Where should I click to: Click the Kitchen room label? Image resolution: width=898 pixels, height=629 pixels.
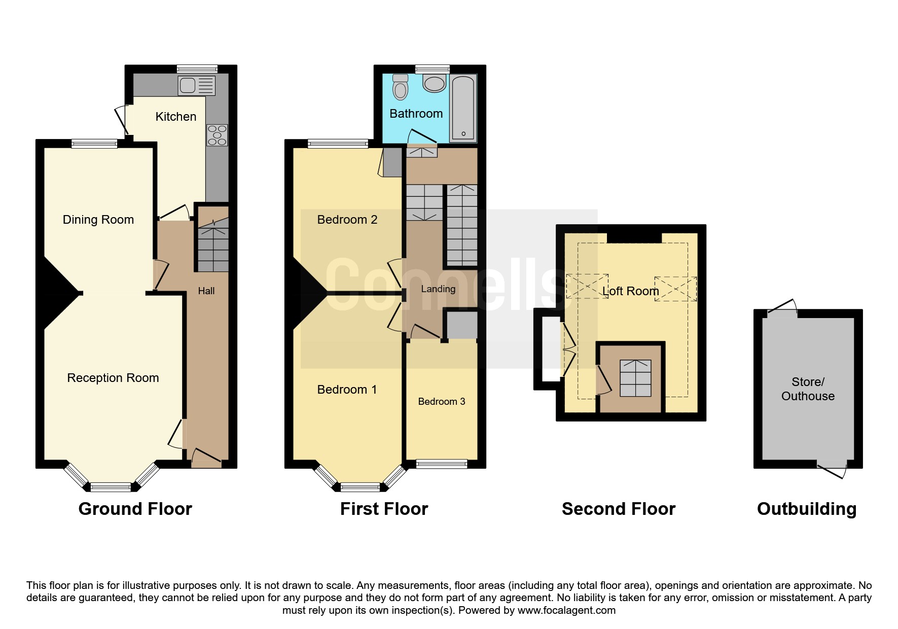pos(175,117)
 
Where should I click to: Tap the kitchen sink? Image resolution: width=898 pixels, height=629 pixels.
pos(196,86)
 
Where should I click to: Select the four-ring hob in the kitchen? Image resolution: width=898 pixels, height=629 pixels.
pos(217,135)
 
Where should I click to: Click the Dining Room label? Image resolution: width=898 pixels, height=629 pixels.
pos(98,220)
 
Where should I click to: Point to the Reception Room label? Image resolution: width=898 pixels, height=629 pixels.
pos(113,378)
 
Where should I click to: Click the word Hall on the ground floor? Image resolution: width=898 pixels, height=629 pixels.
pos(206,291)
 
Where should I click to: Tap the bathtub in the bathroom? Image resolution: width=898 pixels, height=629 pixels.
pos(463,108)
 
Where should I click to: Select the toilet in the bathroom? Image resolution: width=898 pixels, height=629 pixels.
pos(401,87)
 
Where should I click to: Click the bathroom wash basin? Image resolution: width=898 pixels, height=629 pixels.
pos(435,83)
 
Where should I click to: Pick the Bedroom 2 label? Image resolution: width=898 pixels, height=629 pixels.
pos(347,220)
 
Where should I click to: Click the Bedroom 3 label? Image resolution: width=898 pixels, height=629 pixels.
pos(442,402)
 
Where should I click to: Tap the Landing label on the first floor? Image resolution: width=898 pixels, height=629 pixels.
pos(438,289)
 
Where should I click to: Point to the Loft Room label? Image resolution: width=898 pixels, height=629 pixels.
pos(631,291)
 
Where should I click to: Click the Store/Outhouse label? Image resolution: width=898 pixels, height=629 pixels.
pos(808,389)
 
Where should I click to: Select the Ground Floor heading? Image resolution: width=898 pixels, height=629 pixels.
pos(135,509)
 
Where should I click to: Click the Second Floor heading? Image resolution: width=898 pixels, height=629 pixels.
pos(619,509)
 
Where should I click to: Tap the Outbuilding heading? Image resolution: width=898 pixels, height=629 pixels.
pos(807,509)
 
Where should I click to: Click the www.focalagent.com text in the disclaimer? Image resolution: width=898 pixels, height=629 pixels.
pos(566,610)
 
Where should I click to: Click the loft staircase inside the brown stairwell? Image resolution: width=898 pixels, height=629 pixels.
pos(636,378)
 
